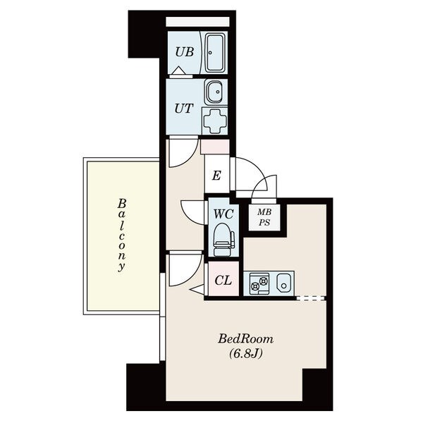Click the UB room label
tap(185, 51)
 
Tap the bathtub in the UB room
tap(215, 53)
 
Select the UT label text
tap(184, 109)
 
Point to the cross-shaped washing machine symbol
tap(214, 121)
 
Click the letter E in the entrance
tap(216, 176)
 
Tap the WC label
tap(223, 214)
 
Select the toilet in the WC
tap(223, 240)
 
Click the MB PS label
tap(264, 217)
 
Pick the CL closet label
tap(223, 281)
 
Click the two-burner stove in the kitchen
tap(259, 284)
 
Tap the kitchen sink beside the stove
tap(284, 284)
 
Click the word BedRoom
tap(245, 339)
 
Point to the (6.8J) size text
tap(246, 353)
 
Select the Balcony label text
tap(122, 235)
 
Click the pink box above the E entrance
tap(215, 147)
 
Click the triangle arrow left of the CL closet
tap(197, 290)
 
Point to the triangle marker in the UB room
tap(179, 70)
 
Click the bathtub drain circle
tap(210, 53)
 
